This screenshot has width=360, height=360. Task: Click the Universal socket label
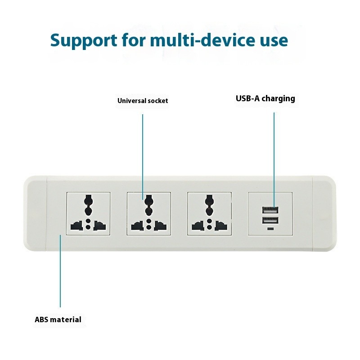point(143,101)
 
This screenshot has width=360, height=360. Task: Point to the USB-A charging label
point(265,99)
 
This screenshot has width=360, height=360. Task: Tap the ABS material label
point(58,320)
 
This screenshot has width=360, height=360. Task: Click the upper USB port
point(269,210)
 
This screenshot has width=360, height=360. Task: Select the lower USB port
point(269,220)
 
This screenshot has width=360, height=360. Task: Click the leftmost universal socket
point(89,213)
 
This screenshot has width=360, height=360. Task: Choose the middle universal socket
point(148,213)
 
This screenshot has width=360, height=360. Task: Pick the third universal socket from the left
point(209,213)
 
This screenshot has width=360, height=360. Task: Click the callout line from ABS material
point(60,270)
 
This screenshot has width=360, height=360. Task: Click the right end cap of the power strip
point(324,213)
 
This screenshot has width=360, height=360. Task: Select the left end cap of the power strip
point(35,213)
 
